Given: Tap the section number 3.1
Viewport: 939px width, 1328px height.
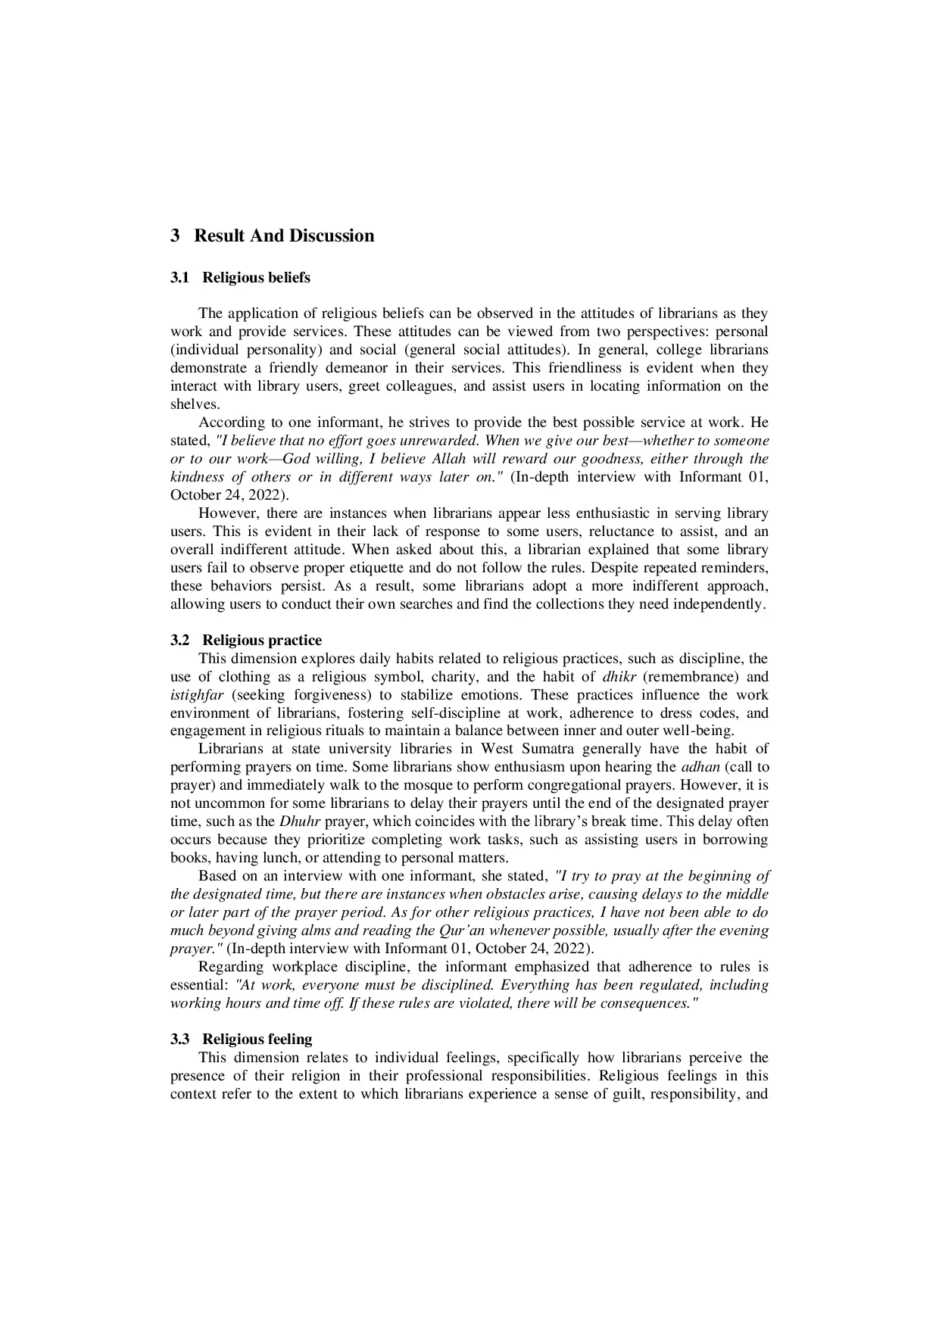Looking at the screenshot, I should click(x=179, y=278).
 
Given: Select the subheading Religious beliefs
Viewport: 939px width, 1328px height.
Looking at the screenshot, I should click(x=256, y=278).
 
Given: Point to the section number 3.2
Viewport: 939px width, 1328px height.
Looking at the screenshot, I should click(x=179, y=641).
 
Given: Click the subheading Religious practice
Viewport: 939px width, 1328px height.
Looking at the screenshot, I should click(x=262, y=641).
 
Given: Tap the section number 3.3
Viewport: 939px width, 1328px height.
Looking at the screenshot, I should click(x=179, y=1040).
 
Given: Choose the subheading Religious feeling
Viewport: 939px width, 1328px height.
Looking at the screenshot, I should click(x=257, y=1040).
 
